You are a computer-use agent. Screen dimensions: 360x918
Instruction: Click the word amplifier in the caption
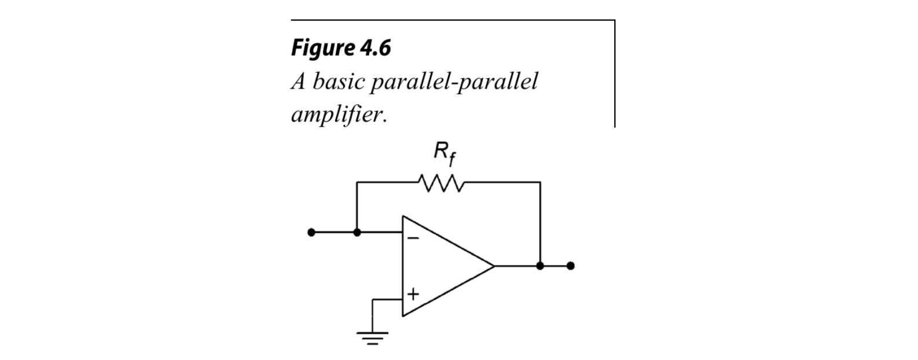point(338,114)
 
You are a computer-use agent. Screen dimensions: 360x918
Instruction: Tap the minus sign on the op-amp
point(413,237)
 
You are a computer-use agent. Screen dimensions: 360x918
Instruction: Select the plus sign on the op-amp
point(413,294)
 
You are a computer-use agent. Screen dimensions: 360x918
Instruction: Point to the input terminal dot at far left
point(311,232)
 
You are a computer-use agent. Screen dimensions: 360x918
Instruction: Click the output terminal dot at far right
point(571,266)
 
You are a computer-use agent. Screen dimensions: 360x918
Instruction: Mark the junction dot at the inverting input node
point(357,232)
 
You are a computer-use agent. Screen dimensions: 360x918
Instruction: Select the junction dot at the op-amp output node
point(540,266)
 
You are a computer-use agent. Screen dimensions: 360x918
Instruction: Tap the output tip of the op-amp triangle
point(494,266)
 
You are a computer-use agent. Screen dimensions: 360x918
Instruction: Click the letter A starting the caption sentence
point(298,82)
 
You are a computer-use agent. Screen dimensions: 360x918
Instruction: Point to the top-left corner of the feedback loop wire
point(357,182)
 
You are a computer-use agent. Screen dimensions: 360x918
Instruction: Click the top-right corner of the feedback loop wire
point(540,182)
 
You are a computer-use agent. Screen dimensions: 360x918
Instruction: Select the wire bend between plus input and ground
point(373,300)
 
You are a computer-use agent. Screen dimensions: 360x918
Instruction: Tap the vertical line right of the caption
point(614,72)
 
